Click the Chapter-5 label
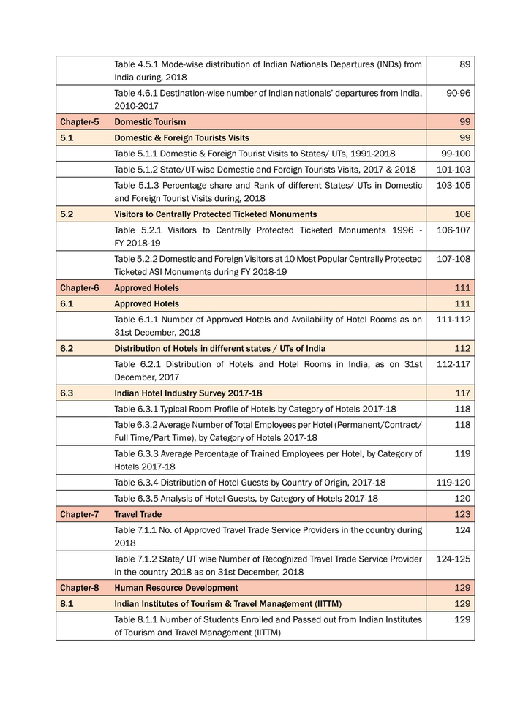(x=79, y=122)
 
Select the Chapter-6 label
(x=79, y=288)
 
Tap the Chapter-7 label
(x=79, y=515)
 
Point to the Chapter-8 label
(x=79, y=588)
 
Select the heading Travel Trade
(x=138, y=515)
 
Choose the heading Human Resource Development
(x=176, y=588)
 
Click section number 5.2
(x=67, y=214)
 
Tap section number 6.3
(x=67, y=393)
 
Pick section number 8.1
(x=67, y=604)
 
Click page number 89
(x=464, y=65)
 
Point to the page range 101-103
(x=453, y=170)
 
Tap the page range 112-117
(x=453, y=365)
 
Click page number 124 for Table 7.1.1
(x=462, y=530)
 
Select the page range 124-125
(x=453, y=559)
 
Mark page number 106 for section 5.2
(x=462, y=214)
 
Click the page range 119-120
(x=453, y=483)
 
